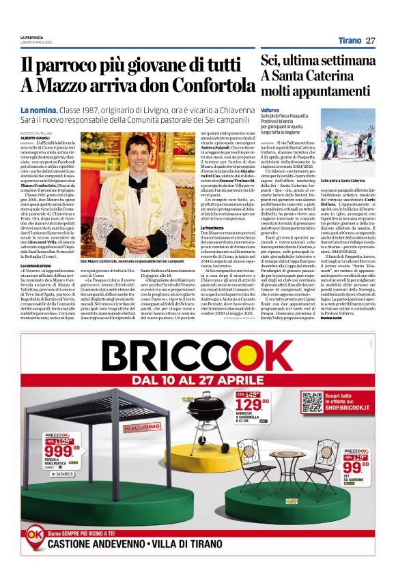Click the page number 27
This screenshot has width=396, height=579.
click(371, 41)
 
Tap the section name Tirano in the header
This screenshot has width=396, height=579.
click(350, 41)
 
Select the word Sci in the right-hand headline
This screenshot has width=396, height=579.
click(270, 61)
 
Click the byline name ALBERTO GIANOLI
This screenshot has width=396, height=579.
click(36, 137)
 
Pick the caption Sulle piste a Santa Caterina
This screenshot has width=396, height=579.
click(353, 180)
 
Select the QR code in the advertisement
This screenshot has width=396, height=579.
click(312, 403)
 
